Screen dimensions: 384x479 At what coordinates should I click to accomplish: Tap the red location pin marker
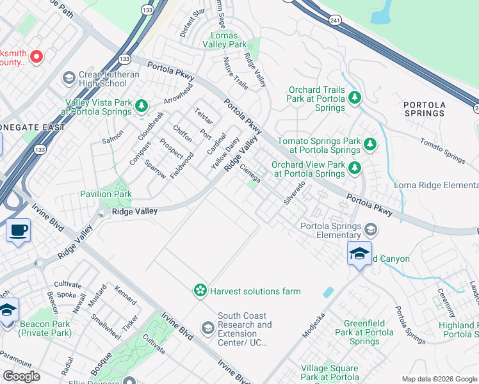tap(36, 56)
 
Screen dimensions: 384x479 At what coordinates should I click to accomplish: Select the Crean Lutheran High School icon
tap(69, 78)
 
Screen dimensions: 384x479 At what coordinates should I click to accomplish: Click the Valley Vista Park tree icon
tap(141, 106)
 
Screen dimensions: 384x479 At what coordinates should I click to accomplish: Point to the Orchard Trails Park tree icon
tap(354, 97)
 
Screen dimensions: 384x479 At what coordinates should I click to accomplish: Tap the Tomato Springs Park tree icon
tap(369, 144)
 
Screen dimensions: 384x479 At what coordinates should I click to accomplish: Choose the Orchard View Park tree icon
tap(354, 168)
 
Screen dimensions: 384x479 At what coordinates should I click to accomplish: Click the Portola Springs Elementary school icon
tap(370, 229)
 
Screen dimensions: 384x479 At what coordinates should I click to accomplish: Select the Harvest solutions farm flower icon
tap(201, 291)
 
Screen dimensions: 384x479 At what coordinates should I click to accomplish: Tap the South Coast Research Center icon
tap(207, 328)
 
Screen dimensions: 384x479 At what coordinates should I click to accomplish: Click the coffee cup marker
tap(18, 230)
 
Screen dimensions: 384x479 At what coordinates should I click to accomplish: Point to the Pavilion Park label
tap(106, 194)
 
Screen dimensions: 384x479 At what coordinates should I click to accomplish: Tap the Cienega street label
tap(250, 173)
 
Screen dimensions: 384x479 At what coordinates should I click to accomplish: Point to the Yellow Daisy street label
tap(225, 154)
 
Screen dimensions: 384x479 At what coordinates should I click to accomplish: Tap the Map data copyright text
tap(439, 378)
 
